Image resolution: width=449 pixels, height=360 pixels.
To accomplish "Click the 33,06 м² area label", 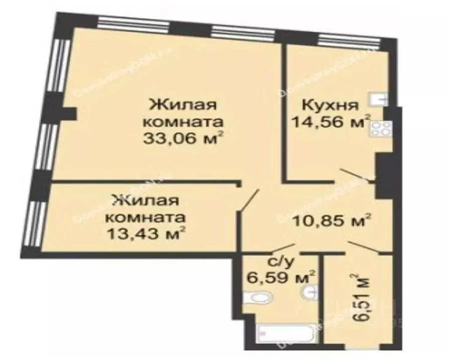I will tap(183, 138).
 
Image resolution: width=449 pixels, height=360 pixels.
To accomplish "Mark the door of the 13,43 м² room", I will tap(249, 201).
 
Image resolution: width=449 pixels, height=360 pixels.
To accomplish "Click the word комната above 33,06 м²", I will tap(183, 122).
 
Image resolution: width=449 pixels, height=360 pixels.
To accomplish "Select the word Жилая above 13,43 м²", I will tap(146, 201).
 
